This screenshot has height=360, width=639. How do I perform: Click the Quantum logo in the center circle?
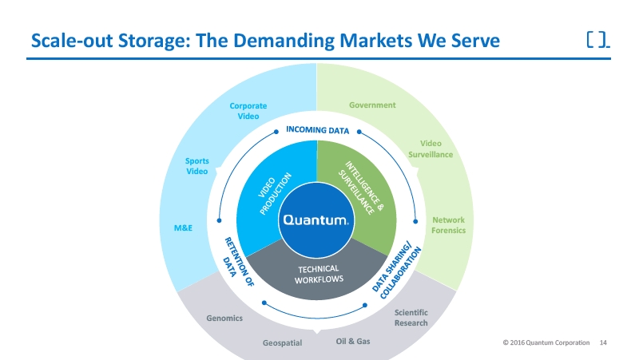pyautogui.click(x=315, y=220)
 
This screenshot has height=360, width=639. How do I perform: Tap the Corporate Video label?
pyautogui.click(x=248, y=111)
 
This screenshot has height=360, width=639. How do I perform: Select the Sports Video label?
pyautogui.click(x=197, y=166)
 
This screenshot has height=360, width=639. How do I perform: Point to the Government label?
pyautogui.click(x=372, y=105)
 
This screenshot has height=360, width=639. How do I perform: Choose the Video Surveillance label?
pyautogui.click(x=431, y=149)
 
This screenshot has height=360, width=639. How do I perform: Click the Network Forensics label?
pyautogui.click(x=448, y=225)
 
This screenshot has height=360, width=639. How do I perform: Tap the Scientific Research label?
pyautogui.click(x=411, y=318)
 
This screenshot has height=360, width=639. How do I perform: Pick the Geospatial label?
pyautogui.click(x=283, y=343)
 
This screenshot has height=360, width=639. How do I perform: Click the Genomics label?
pyautogui.click(x=224, y=318)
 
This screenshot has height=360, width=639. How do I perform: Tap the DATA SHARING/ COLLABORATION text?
pyautogui.click(x=397, y=268)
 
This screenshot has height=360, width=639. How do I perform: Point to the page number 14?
pyautogui.click(x=603, y=342)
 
